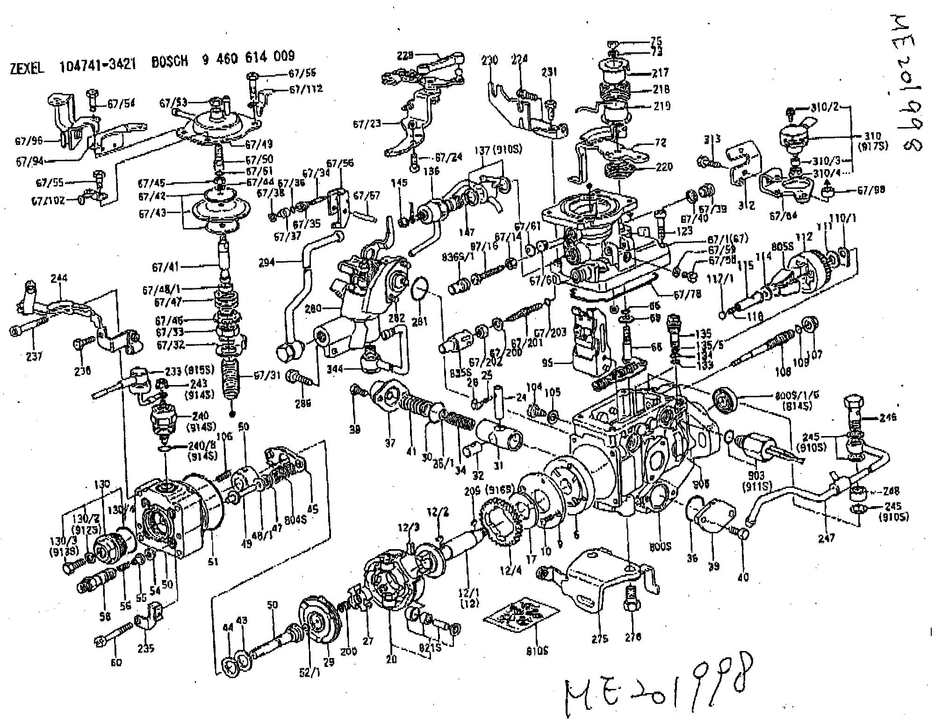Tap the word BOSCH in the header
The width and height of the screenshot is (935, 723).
(x=170, y=61)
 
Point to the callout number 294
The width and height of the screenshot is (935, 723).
(x=267, y=263)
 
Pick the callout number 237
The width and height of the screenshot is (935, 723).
(x=34, y=357)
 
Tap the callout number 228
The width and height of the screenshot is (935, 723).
(x=406, y=55)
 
